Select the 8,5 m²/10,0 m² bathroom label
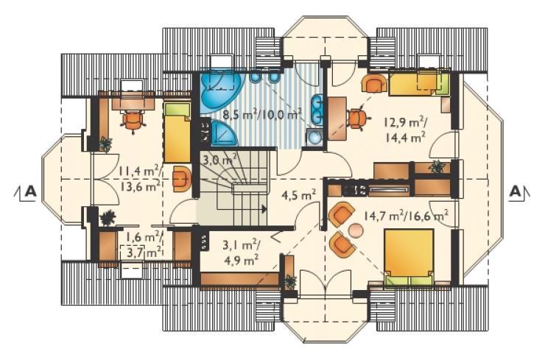(261, 114)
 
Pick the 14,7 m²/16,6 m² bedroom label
(405, 216)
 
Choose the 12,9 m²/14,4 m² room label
(405, 130)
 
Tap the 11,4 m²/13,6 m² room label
(140, 179)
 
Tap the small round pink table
(356, 230)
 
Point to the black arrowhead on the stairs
(264, 209)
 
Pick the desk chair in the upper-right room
(357, 118)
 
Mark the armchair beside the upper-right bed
(374, 83)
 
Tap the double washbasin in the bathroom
(317, 109)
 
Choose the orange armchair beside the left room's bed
(182, 179)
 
